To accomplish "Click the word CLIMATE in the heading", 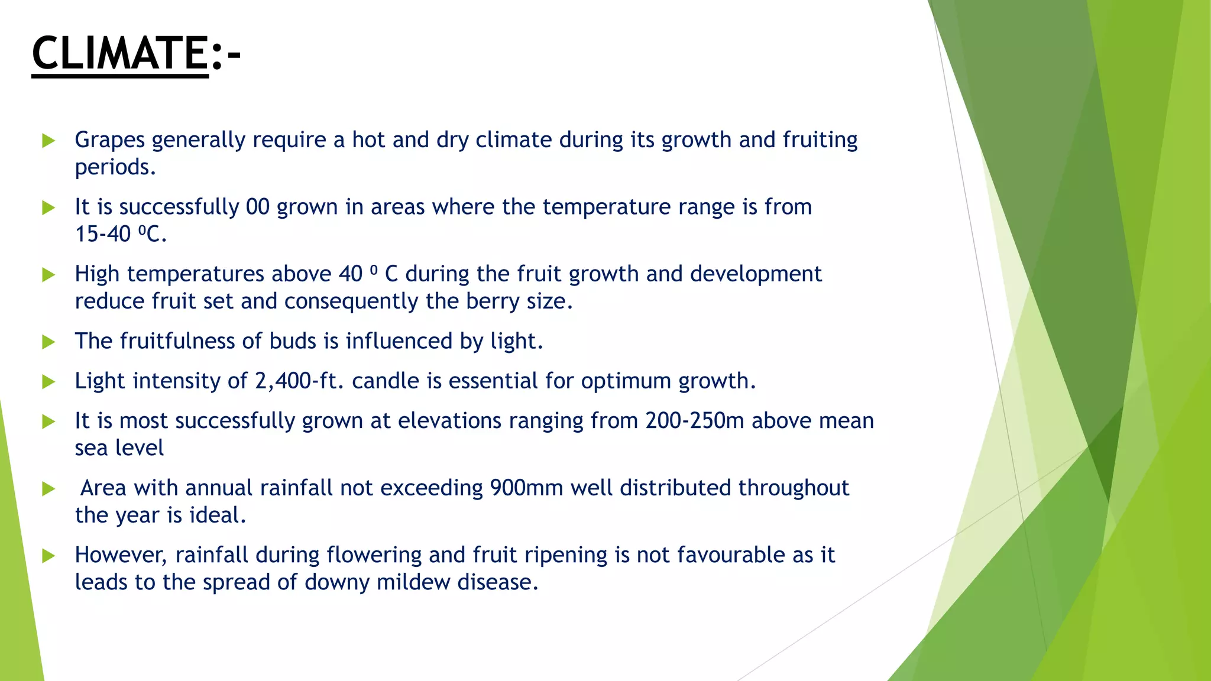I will pos(119,53).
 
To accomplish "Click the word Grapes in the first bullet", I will pos(110,140).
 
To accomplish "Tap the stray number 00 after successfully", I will pos(258,207).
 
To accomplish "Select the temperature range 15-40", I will pos(102,234).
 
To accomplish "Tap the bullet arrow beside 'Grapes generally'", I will pos(48,141).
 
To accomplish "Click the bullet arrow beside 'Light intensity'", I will pos(48,382).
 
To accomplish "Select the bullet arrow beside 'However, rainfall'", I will pos(48,556).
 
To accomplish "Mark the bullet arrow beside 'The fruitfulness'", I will pos(48,342).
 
